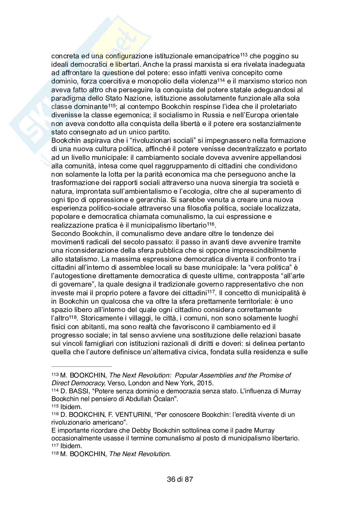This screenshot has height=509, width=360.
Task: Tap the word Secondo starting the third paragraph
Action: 64,233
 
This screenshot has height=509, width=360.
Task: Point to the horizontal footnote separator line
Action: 82,367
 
